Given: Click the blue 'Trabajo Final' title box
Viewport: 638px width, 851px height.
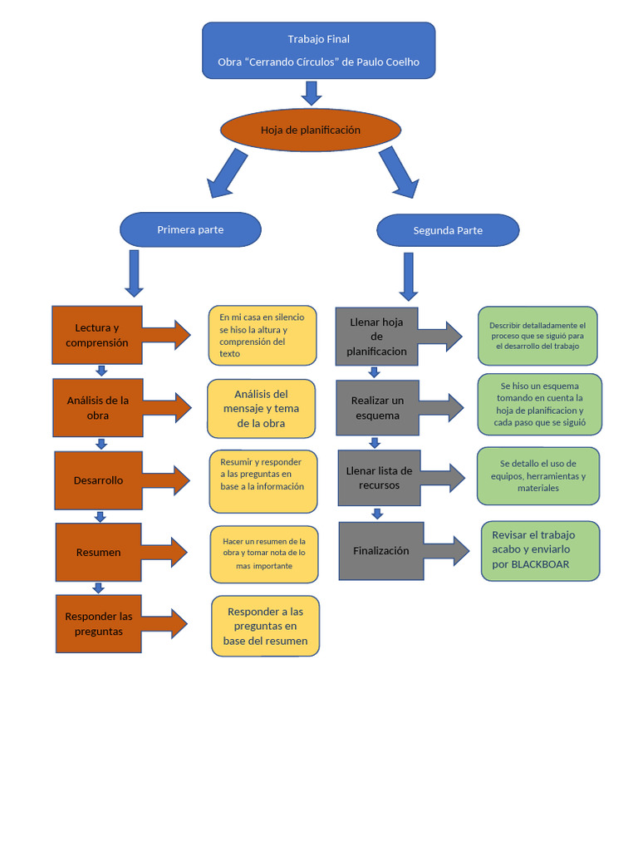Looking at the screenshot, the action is (x=318, y=51).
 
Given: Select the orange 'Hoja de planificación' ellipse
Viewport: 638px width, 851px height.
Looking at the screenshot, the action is (x=311, y=130).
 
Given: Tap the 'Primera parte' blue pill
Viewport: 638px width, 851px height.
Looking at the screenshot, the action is (x=190, y=229).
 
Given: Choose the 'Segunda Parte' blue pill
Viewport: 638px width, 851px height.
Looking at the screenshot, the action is (x=448, y=230).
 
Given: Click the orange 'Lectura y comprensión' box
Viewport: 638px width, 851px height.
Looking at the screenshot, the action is (x=97, y=335).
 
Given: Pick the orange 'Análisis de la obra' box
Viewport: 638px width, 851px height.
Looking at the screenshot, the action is (x=98, y=407).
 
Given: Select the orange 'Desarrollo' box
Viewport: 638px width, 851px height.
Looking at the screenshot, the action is (x=99, y=480).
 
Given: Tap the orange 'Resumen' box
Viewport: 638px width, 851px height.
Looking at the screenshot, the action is (x=99, y=552).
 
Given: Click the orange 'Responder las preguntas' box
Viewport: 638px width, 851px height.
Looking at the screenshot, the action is (x=99, y=623).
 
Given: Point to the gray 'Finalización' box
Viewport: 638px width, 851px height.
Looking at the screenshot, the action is (x=380, y=551).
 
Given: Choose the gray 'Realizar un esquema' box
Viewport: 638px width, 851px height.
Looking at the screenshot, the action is (x=378, y=407).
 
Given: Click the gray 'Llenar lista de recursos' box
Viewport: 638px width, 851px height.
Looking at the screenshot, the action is (x=379, y=478).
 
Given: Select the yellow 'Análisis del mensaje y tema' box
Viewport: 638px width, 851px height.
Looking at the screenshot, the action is (x=261, y=409).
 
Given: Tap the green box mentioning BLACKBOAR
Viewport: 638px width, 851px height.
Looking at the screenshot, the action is (x=540, y=551).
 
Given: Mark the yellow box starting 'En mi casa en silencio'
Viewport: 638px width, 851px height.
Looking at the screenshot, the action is (x=263, y=336).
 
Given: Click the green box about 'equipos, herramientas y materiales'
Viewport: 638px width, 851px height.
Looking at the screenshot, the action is (x=538, y=476).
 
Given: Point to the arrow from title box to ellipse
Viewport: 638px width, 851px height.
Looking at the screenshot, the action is (x=312, y=93).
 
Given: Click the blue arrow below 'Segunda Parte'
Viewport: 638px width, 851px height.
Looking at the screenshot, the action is (x=409, y=276).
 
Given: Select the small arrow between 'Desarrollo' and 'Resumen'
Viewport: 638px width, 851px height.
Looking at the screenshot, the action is (x=100, y=516).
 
